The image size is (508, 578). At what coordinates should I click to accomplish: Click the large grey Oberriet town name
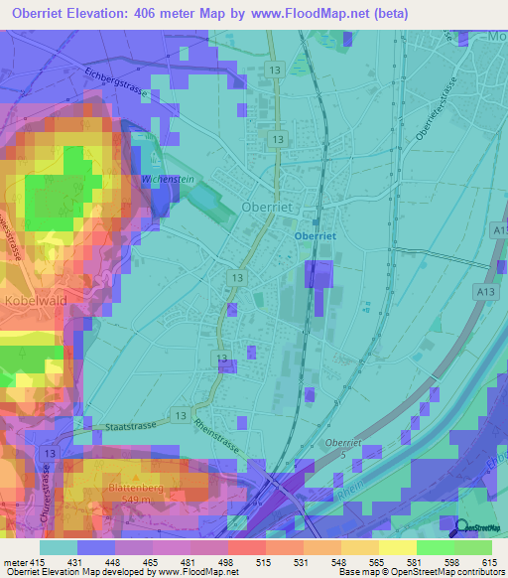pos(268,207)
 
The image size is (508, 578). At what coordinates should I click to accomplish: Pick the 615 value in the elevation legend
pos(489,563)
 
